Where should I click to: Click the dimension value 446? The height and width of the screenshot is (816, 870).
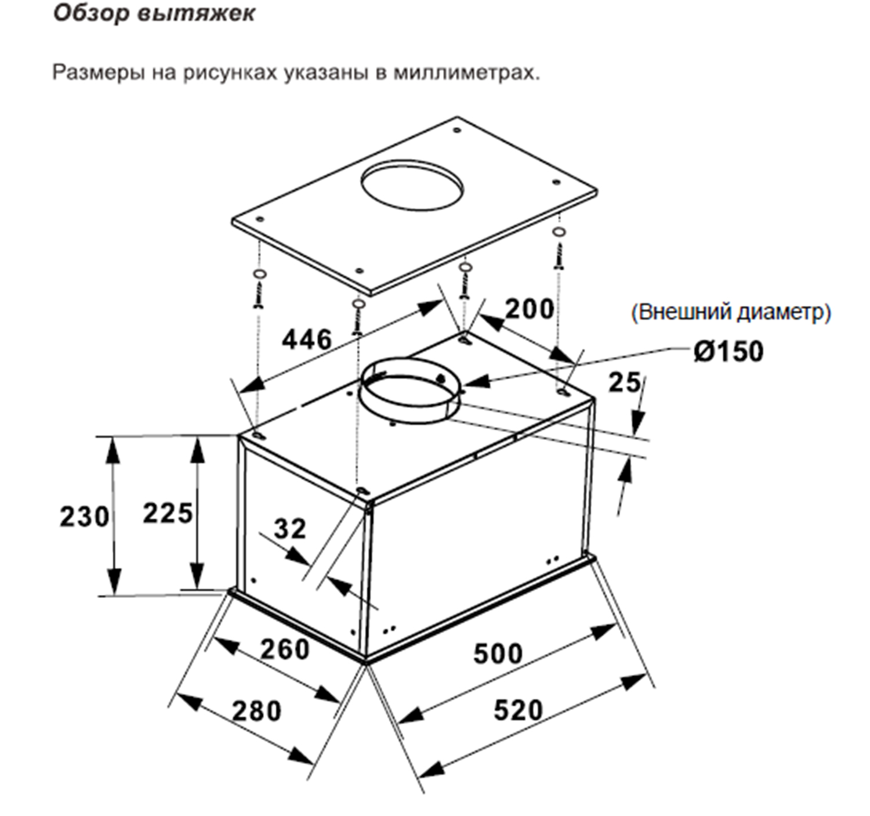point(307,340)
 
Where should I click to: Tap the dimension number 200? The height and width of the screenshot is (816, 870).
point(530,309)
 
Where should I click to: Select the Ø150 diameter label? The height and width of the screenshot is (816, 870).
point(728,351)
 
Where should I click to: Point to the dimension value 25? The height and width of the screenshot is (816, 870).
point(624,382)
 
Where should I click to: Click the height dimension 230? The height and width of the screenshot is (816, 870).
point(84,517)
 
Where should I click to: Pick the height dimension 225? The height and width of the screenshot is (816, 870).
point(168,513)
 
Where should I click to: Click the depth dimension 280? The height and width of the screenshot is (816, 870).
point(256,711)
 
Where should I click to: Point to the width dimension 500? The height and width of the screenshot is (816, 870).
point(498,653)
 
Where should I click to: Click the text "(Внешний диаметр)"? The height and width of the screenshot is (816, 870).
point(731,313)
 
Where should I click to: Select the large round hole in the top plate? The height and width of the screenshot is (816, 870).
point(412,185)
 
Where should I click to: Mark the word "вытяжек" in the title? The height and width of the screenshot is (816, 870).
point(196,13)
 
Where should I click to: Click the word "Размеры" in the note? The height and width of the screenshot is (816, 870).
point(99,73)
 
